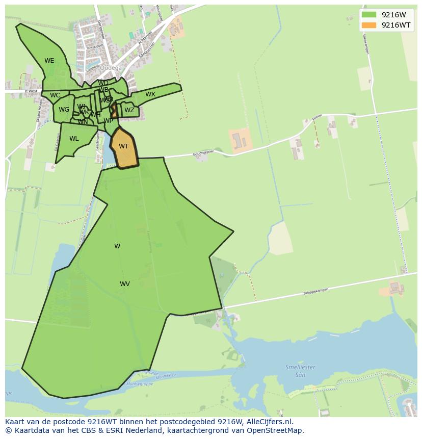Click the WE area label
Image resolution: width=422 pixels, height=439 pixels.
tap(49, 61)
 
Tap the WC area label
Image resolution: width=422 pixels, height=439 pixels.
tap(55, 95)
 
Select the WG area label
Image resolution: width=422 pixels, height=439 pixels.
tap(64, 110)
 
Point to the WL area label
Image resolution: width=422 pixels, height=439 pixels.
tap(74, 139)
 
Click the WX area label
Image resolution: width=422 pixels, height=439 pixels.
tap(150, 94)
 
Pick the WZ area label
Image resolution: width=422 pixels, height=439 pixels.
tap(129, 110)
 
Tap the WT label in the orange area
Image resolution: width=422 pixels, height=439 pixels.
tap(124, 146)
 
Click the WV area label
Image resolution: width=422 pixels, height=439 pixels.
tap(125, 284)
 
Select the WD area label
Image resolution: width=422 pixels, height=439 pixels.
tap(103, 83)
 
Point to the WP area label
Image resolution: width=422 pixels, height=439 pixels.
tap(108, 121)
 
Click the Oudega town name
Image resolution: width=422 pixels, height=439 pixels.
tap(111, 68)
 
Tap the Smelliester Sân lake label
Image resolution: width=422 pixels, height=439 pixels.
tap(300, 371)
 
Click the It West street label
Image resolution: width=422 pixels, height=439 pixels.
tap(31, 91)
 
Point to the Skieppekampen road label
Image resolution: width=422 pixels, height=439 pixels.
tap(315, 291)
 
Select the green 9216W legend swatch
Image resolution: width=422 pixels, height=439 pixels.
tap(369, 15)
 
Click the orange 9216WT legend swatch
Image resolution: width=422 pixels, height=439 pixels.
tap(369, 25)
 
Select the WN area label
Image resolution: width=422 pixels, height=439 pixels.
tap(83, 122)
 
